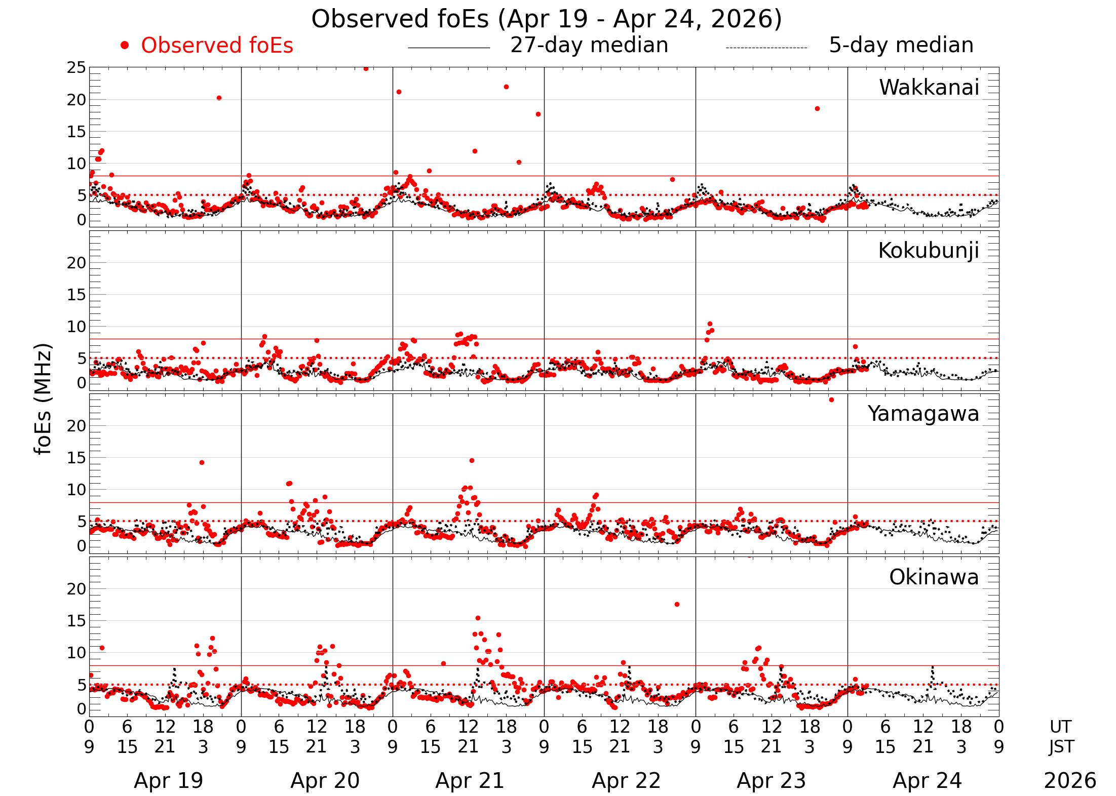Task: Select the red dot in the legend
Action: [125, 46]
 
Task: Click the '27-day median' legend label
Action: [589, 45]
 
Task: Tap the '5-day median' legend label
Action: [901, 45]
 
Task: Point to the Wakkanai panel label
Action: [929, 88]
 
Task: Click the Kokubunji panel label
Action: [928, 251]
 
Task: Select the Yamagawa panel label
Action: [923, 414]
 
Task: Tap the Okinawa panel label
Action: [934, 577]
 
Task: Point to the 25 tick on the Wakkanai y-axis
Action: [76, 68]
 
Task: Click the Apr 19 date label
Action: [168, 781]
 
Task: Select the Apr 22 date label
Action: [626, 781]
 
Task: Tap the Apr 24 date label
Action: [927, 781]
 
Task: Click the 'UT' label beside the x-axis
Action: [1060, 727]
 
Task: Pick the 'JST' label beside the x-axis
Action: [1060, 747]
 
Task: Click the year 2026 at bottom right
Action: [1070, 781]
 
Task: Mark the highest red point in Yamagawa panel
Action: [831, 400]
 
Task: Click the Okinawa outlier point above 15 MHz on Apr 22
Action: [677, 604]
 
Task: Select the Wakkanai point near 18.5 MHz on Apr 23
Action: [817, 109]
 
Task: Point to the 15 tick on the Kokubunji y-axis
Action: [76, 295]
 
